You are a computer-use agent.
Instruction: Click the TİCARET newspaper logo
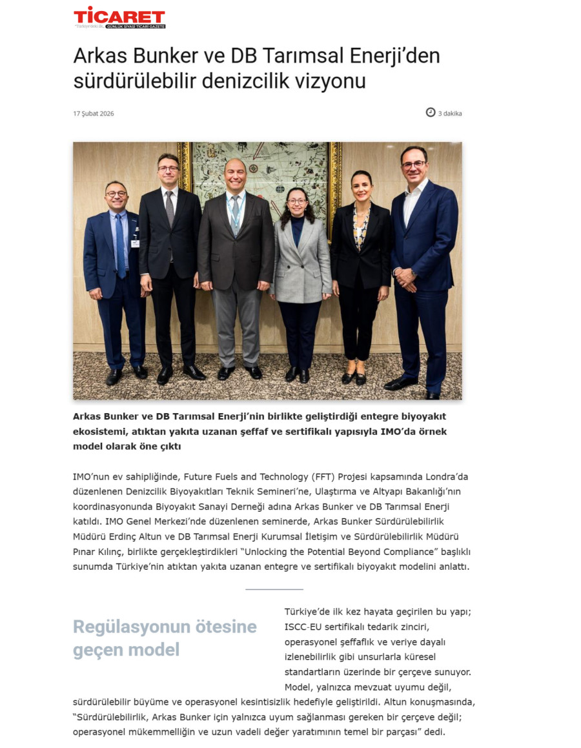point(119,17)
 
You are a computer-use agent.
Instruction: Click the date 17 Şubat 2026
point(94,114)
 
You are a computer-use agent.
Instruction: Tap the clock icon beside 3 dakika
point(431,112)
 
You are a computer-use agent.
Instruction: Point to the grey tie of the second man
point(170,210)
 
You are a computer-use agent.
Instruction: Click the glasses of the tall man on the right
point(413,165)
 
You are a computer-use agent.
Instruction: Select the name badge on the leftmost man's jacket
point(135,243)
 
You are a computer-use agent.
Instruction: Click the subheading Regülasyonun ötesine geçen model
point(165,638)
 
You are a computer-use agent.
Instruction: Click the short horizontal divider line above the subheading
point(274,589)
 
